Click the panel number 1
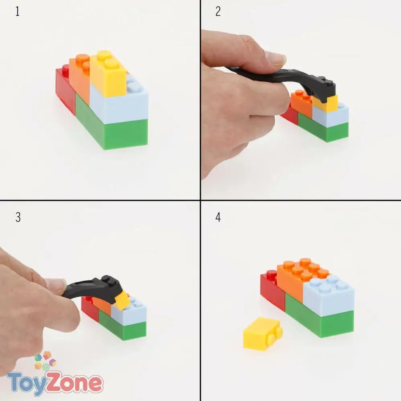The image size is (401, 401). pyautogui.click(x=17, y=12)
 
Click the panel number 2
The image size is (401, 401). pyautogui.click(x=218, y=12)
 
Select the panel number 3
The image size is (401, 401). pyautogui.click(x=18, y=217)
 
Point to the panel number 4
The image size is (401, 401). pyautogui.click(x=218, y=217)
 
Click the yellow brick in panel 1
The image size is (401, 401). pyautogui.click(x=108, y=74)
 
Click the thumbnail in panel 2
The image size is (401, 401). pyautogui.click(x=275, y=58)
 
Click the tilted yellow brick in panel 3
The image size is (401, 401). pyautogui.click(x=123, y=300)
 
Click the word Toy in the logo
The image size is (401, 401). pyautogui.click(x=26, y=384)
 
